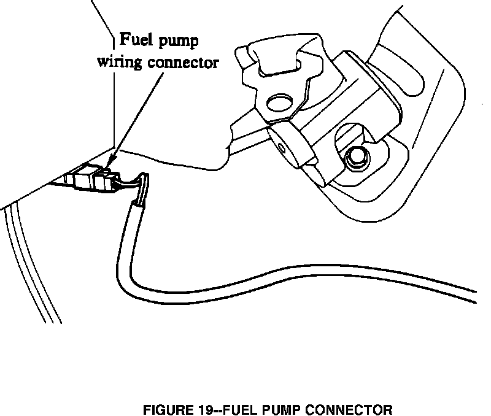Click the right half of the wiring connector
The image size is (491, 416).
tap(104, 180)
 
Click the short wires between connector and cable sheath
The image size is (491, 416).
tap(130, 182)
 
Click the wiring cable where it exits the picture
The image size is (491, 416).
tap(476, 295)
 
